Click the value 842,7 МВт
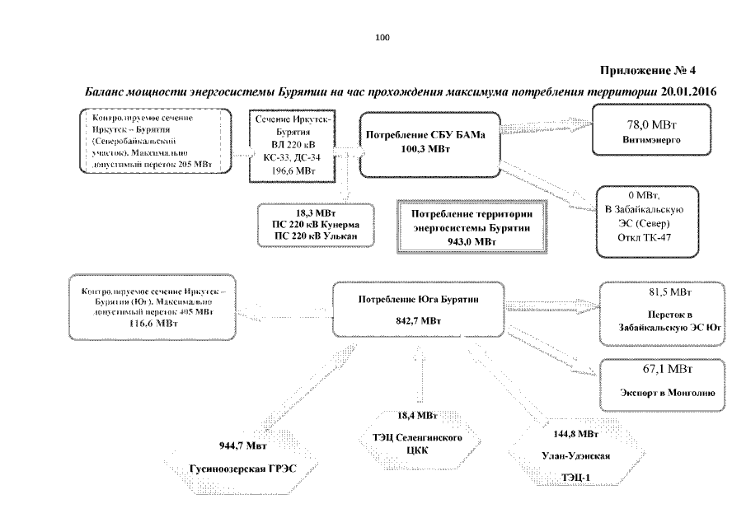[419, 321]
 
